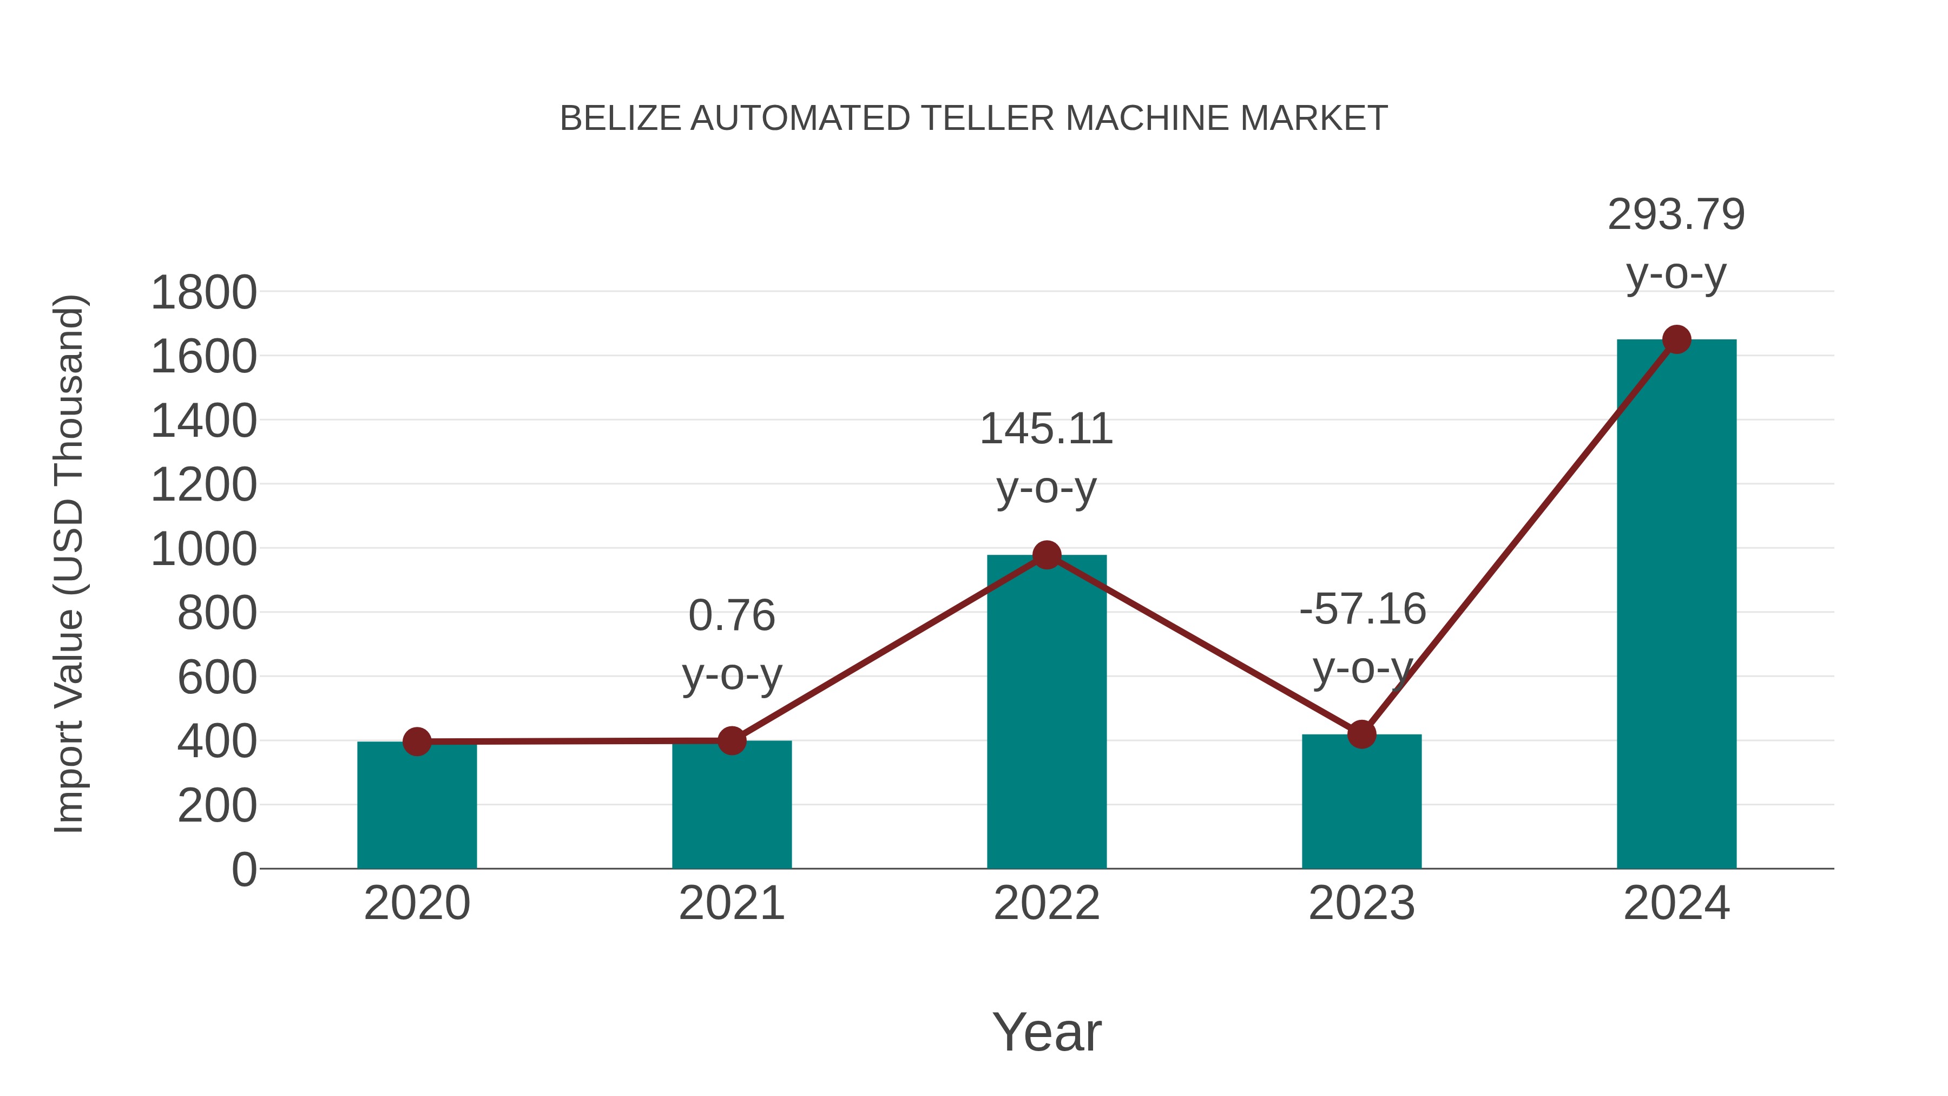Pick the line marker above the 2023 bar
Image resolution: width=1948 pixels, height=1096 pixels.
[x=1361, y=734]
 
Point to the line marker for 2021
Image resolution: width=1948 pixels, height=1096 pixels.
[x=731, y=740]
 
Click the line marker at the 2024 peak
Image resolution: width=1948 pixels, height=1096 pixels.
[x=1676, y=339]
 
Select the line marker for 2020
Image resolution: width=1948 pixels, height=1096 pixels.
[x=417, y=741]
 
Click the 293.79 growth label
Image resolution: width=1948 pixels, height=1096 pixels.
[x=1676, y=215]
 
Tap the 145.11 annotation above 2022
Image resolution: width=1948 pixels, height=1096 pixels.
[x=1046, y=430]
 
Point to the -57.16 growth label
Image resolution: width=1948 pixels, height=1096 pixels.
[x=1362, y=609]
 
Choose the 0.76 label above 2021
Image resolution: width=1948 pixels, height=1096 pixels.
[x=731, y=616]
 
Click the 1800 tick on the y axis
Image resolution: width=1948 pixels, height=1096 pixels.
[x=203, y=293]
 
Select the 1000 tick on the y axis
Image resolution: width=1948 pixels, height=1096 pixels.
[x=203, y=550]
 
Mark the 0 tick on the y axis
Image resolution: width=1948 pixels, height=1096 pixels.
[x=244, y=870]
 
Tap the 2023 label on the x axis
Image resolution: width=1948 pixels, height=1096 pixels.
[x=1361, y=904]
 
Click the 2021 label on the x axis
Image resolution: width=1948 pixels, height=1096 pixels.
[x=731, y=904]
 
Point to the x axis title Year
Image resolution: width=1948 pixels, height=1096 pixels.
[x=1047, y=1033]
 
